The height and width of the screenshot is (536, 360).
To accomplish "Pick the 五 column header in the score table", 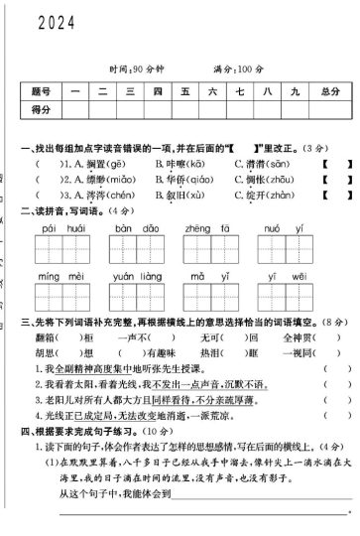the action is click(183, 91).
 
